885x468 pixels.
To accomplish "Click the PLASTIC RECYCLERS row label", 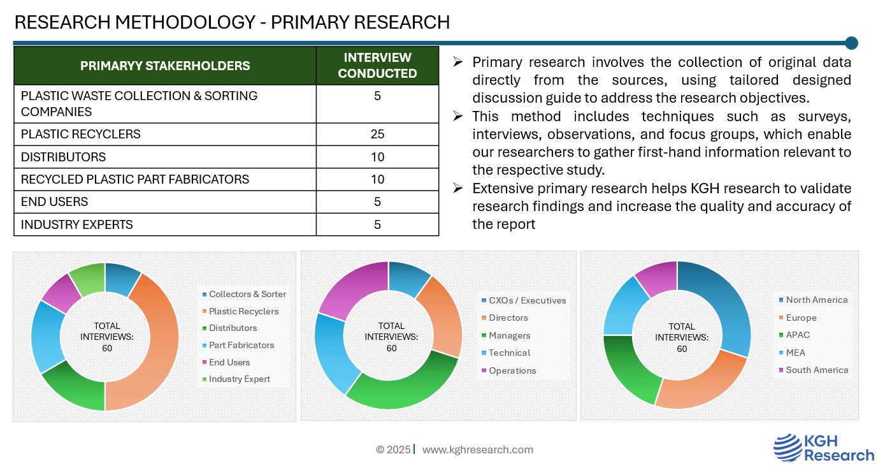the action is pyautogui.click(x=80, y=135).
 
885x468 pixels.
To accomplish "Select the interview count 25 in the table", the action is pyautogui.click(x=377, y=135).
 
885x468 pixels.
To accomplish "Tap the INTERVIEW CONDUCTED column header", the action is pyautogui.click(x=377, y=66).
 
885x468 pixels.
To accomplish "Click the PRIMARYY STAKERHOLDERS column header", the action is pyautogui.click(x=165, y=66).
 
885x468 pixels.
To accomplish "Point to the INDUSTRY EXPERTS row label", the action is pyautogui.click(x=76, y=224).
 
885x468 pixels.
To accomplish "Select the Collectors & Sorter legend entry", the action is pyautogui.click(x=244, y=294).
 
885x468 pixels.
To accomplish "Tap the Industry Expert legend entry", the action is pyautogui.click(x=236, y=379).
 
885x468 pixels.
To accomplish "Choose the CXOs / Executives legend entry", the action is pyautogui.click(x=524, y=300).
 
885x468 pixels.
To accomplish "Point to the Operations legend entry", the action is pyautogui.click(x=509, y=370).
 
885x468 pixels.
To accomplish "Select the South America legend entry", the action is pyautogui.click(x=814, y=370).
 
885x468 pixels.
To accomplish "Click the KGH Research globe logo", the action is pyautogui.click(x=788, y=448).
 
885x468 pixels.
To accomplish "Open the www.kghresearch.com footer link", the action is pyautogui.click(x=478, y=450).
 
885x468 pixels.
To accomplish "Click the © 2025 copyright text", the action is pyautogui.click(x=393, y=450).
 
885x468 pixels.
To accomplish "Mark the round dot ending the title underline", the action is pyautogui.click(x=851, y=43).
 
